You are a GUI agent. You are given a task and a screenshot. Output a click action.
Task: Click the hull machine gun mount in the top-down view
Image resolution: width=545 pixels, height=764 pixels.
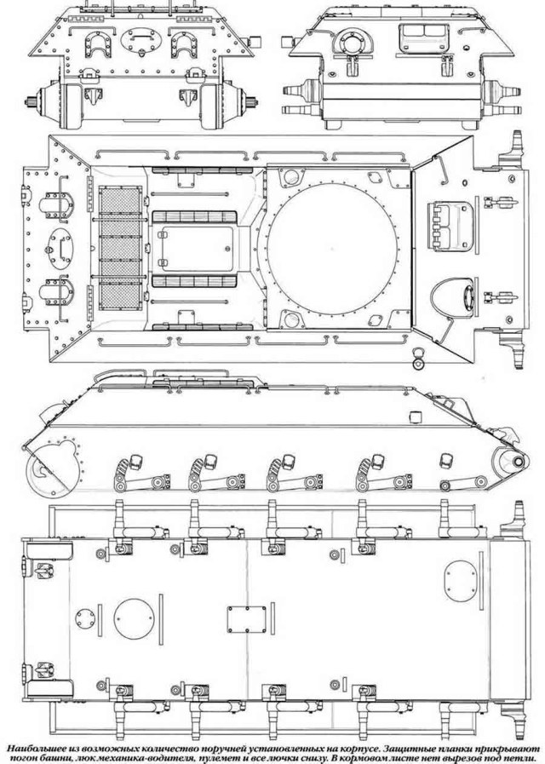pos(452,298)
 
